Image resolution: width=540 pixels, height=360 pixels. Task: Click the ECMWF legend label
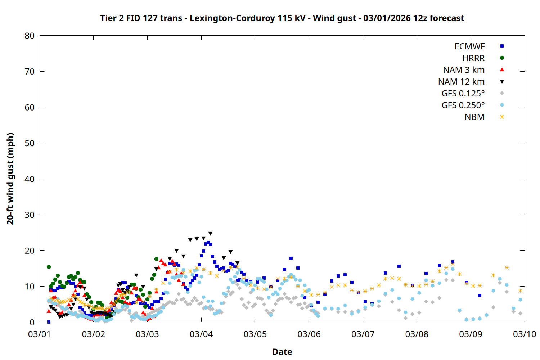[469, 46]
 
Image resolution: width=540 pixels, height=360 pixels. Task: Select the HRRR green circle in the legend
[502, 58]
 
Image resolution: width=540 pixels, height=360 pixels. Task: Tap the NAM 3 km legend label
[464, 70]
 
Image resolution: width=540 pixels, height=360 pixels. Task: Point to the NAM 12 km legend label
[461, 82]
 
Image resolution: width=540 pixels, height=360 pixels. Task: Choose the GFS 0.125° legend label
[463, 94]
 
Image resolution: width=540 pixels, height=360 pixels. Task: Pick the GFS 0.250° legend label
[463, 105]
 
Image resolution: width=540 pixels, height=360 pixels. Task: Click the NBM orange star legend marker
[502, 117]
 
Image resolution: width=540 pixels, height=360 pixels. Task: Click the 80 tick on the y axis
[30, 36]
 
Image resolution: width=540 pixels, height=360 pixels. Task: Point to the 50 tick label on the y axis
[30, 143]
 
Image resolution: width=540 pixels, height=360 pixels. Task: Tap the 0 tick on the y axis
[32, 322]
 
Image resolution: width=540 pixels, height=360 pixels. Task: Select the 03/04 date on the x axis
[201, 334]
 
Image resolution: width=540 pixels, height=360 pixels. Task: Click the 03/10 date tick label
[524, 334]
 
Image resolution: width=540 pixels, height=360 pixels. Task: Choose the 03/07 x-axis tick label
[363, 334]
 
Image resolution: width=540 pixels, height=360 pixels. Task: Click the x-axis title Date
[282, 352]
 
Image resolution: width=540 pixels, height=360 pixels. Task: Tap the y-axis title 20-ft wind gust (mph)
[10, 179]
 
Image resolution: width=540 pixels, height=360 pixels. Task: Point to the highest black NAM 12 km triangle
[210, 234]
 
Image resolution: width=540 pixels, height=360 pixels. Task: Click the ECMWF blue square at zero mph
[49, 322]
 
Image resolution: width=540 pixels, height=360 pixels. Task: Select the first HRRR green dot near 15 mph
[49, 267]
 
